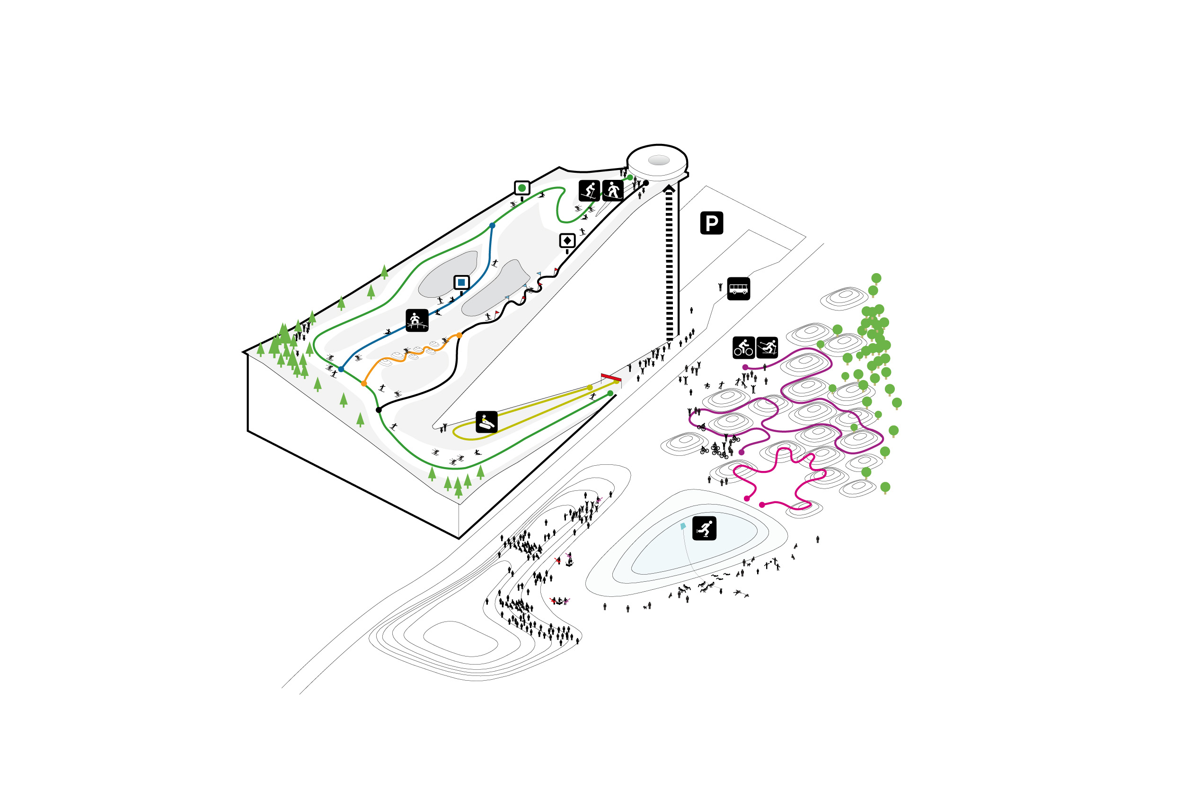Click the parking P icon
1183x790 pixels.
711,222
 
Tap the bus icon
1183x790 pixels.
738,289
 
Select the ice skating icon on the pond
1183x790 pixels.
704,529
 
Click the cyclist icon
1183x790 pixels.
743,347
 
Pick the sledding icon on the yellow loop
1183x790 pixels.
486,422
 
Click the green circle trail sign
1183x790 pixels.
522,188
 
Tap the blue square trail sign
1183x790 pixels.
461,283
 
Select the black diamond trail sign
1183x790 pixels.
567,241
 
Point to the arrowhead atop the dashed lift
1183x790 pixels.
669,188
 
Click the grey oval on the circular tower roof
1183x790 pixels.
659,160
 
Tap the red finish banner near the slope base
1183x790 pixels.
611,377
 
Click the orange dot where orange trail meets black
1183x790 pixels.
459,335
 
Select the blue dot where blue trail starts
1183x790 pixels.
492,226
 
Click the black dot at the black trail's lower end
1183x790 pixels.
379,410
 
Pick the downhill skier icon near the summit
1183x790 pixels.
589,190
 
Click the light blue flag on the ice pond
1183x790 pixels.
683,526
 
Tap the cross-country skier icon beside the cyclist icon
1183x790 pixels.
767,347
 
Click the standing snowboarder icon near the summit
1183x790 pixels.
613,190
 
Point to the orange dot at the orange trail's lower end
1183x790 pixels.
363,384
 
